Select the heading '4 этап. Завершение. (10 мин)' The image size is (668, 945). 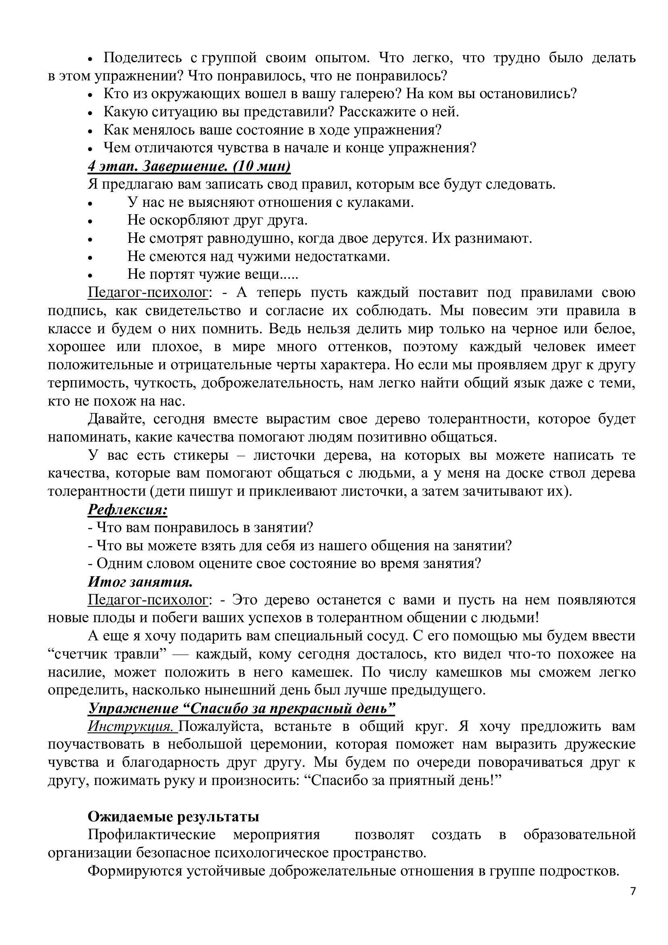189,166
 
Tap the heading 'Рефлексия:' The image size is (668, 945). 128,509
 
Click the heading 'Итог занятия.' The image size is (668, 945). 140,582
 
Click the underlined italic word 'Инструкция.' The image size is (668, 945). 132,726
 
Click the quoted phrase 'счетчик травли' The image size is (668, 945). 107,655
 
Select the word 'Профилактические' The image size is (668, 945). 152,835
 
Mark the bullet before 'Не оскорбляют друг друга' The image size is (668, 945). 90,221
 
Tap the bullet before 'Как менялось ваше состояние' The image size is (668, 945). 90,131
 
